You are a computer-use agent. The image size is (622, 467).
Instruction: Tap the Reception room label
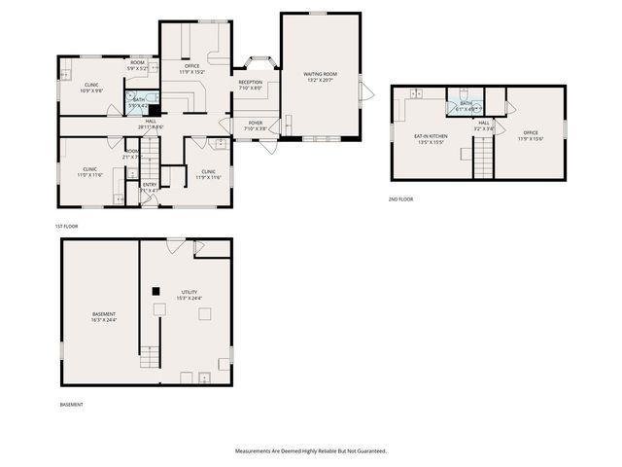[x=251, y=84]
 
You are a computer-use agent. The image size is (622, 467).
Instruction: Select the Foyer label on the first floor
[x=255, y=125]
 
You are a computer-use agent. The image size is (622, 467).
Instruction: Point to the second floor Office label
[x=530, y=134]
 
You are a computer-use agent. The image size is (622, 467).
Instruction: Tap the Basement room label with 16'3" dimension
[x=104, y=316]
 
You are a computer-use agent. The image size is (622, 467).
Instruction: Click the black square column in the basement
[x=155, y=290]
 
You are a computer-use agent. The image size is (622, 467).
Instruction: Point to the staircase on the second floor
[x=484, y=158]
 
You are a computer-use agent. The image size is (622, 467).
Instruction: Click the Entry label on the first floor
[x=150, y=186]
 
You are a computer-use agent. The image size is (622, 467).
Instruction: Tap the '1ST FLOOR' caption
[x=66, y=226]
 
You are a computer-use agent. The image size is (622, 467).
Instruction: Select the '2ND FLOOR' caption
[x=399, y=198]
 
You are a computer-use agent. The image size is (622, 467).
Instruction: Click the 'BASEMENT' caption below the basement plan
[x=72, y=404]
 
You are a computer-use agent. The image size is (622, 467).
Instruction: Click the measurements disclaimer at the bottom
[x=310, y=450]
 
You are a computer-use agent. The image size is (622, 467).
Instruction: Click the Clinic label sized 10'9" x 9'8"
[x=91, y=87]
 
